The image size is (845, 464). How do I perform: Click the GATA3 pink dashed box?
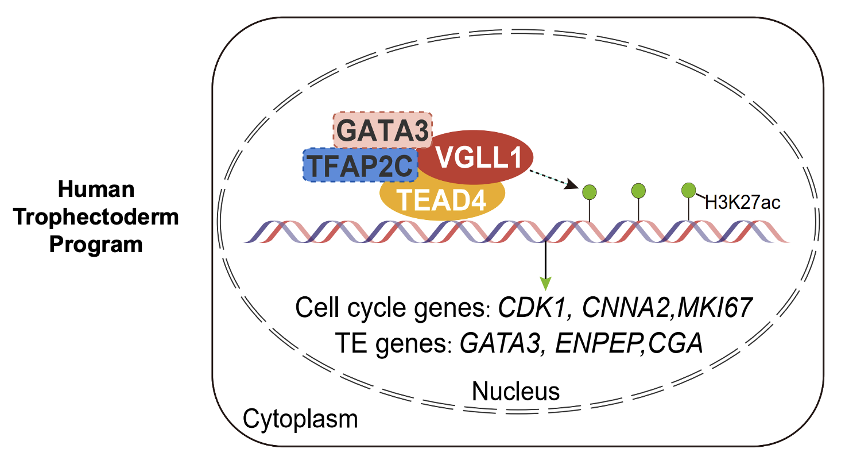[382, 130]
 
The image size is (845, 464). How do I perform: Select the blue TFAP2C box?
[360, 165]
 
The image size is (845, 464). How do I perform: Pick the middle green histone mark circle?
[639, 190]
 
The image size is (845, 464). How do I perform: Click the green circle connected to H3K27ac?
[688, 190]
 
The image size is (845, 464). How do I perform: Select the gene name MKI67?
[715, 308]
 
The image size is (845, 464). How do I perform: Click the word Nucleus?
[515, 392]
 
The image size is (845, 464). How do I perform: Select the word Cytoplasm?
[300, 419]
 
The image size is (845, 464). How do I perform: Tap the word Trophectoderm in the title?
[96, 217]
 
